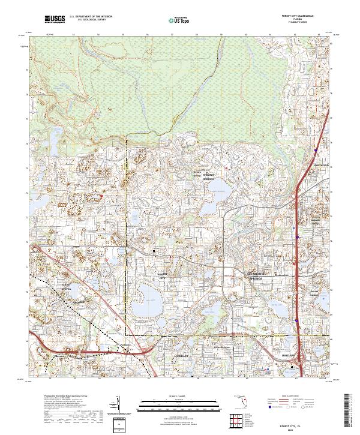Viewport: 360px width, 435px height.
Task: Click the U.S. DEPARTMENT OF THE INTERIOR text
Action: pyautogui.click(x=91, y=18)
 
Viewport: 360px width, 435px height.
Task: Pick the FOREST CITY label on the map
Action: pyautogui.click(x=161, y=275)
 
